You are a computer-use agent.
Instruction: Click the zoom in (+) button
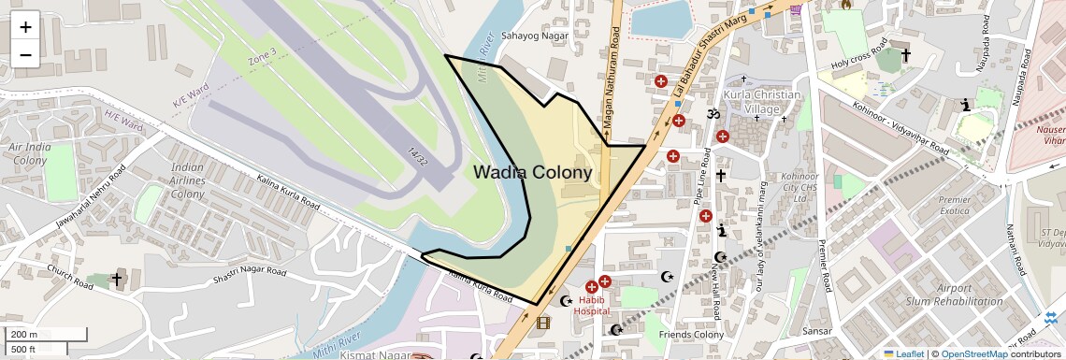(25, 26)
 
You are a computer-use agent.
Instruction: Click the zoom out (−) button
(25, 54)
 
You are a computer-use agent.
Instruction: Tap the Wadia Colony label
(532, 173)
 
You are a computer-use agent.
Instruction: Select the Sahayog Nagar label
(535, 36)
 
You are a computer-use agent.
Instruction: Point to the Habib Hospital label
(591, 305)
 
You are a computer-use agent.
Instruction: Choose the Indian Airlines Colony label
(187, 180)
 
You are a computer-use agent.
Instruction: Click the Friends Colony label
(691, 335)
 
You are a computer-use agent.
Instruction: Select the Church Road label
(72, 278)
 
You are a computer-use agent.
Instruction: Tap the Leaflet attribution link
(904, 353)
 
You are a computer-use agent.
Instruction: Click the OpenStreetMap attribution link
(973, 353)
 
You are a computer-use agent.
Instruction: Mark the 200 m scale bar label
(24, 335)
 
